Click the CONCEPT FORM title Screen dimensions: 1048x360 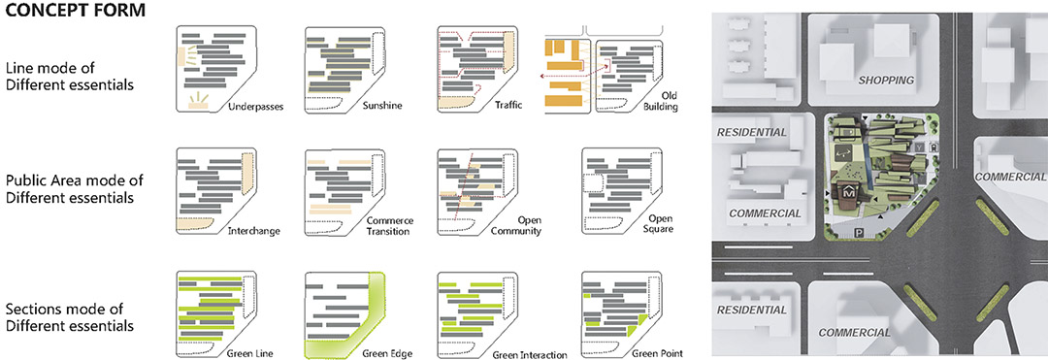tap(72, 12)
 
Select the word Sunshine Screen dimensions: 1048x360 tap(381, 106)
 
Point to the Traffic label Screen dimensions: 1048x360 tap(508, 106)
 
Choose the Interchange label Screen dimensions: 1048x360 tap(253, 231)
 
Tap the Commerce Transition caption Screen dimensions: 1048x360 tap(391, 226)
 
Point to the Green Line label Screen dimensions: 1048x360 tap(250, 353)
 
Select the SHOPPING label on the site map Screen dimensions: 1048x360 tap(886, 81)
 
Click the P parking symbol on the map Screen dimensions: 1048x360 tap(859, 233)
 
